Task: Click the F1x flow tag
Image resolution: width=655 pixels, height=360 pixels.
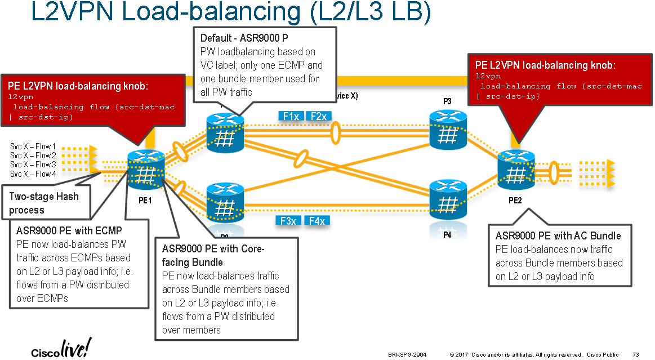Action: pyautogui.click(x=291, y=116)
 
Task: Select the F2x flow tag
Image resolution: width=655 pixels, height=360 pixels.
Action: pyautogui.click(x=319, y=116)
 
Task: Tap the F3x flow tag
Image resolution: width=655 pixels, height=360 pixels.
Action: pyautogui.click(x=289, y=221)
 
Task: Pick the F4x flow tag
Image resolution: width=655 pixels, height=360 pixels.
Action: pyautogui.click(x=317, y=221)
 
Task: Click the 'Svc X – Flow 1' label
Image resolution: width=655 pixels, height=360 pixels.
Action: pyautogui.click(x=33, y=146)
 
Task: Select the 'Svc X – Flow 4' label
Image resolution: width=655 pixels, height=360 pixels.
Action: pyautogui.click(x=33, y=174)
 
